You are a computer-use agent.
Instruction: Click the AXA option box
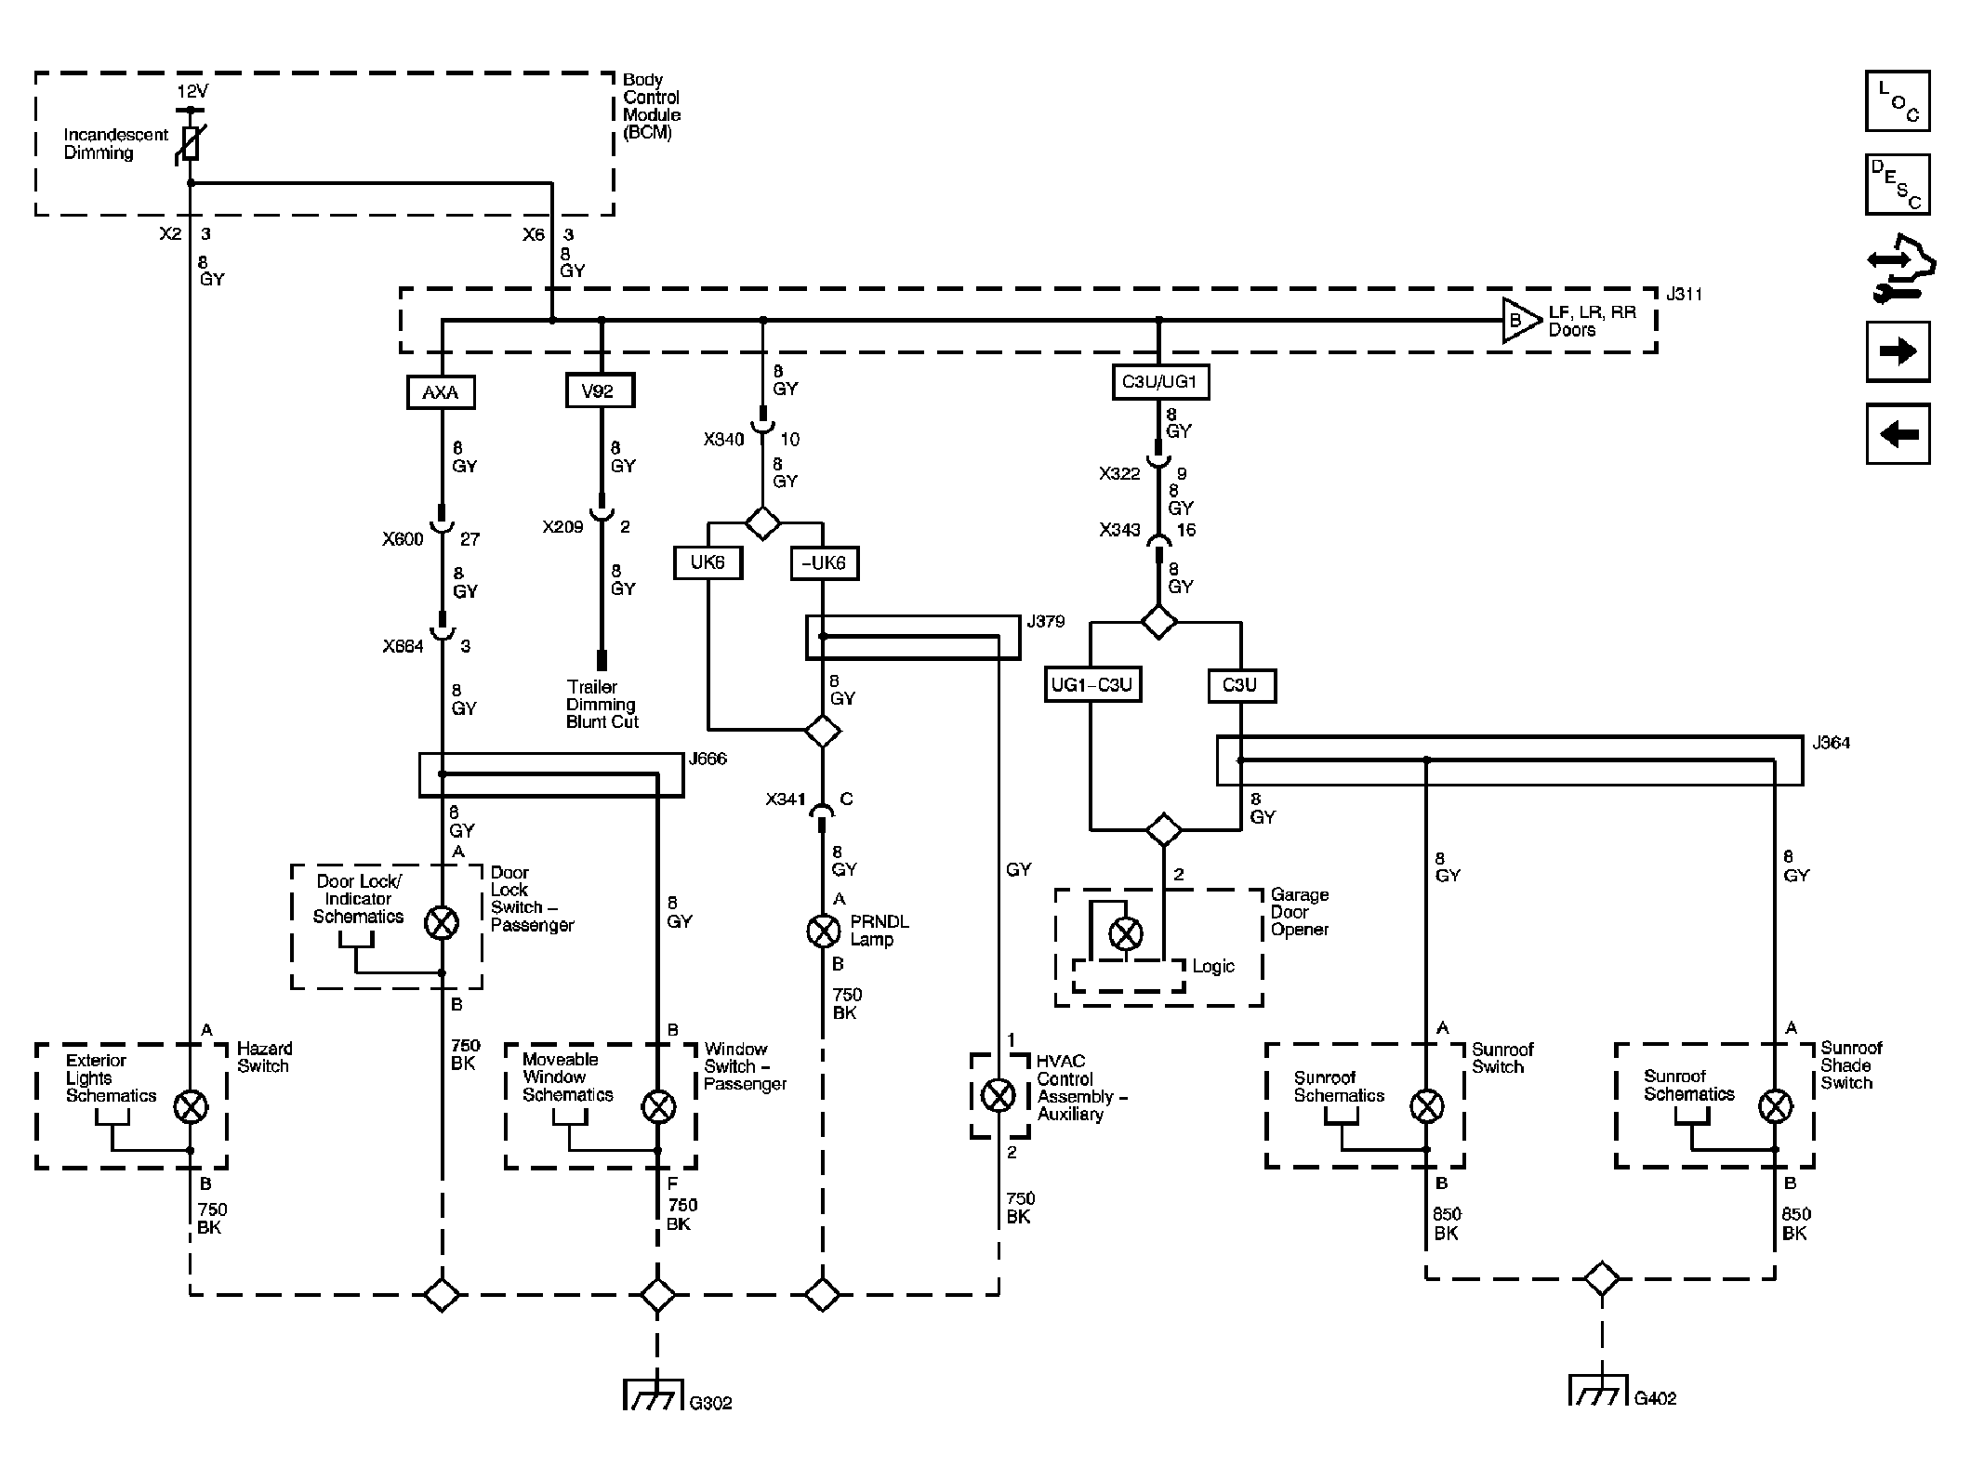point(441,392)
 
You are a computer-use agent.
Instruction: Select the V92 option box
point(600,390)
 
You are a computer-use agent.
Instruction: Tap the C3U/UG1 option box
point(1160,382)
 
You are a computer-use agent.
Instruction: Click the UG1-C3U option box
point(1091,685)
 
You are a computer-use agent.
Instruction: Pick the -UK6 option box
point(824,563)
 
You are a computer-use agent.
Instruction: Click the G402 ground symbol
point(1601,1389)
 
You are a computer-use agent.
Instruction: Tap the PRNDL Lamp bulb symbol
point(823,931)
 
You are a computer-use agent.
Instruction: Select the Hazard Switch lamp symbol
point(191,1106)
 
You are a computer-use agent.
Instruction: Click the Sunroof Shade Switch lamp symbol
point(1775,1106)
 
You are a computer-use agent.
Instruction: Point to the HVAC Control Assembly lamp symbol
point(999,1095)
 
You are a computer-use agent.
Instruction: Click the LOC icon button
point(1898,101)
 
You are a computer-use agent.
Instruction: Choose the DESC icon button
point(1898,184)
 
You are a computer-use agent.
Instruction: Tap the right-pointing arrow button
point(1898,351)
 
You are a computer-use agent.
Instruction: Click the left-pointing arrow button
point(1898,433)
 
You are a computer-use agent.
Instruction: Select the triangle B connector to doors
point(1520,321)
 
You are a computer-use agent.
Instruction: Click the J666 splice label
point(708,760)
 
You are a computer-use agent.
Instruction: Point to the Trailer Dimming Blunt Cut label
point(602,705)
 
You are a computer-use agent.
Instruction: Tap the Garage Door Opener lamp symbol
point(1126,932)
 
